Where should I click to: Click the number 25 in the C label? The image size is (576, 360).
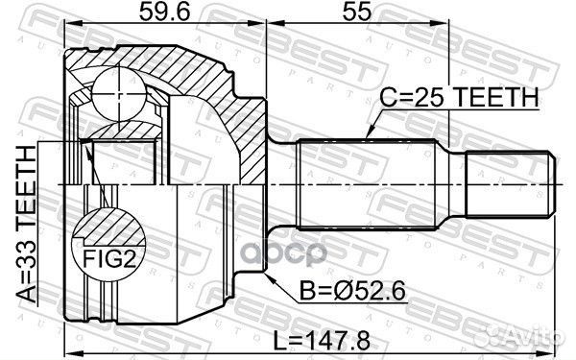[433, 97]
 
